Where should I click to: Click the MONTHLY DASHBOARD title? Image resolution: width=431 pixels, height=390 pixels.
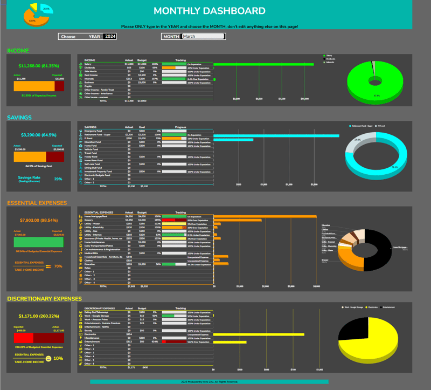pos(209,11)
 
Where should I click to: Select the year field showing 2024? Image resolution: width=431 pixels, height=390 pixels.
pos(110,36)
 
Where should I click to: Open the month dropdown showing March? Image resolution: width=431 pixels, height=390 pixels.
pos(203,36)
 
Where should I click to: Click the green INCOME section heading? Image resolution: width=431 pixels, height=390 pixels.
pos(18,51)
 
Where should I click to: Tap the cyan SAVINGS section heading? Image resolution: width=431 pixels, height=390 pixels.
pos(19,118)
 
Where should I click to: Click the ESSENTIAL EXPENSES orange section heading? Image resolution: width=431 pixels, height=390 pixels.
pos(37,203)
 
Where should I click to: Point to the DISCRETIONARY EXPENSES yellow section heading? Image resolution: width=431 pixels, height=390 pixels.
pos(44,298)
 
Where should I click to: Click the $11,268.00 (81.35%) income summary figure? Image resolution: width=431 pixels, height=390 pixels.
pos(39,66)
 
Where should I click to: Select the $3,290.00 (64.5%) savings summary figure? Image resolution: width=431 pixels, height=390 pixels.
pos(38,134)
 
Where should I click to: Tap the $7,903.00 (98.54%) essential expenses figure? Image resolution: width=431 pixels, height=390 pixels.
pos(38,220)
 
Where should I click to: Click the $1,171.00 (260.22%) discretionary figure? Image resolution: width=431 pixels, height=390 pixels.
pos(39,316)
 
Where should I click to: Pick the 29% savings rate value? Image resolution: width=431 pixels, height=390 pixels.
pos(58,179)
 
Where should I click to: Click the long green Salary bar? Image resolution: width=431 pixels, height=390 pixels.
pos(263,64)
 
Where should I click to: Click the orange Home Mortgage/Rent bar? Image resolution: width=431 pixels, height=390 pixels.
pos(265,216)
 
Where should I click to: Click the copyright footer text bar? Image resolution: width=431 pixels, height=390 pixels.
pos(209,381)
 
